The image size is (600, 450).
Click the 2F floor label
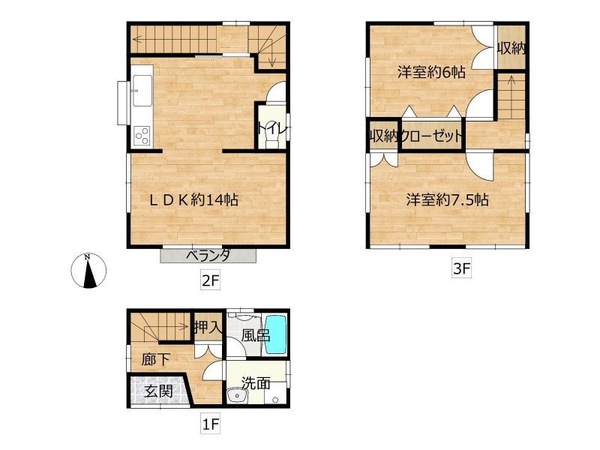(211, 281)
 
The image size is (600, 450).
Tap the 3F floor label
(461, 268)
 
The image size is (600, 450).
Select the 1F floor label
(211, 424)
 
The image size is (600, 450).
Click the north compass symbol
(88, 270)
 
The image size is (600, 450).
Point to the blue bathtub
(276, 334)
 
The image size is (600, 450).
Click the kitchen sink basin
(142, 90)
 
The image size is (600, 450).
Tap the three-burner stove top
(142, 136)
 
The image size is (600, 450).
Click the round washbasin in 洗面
(236, 396)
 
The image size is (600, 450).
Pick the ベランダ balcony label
(208, 255)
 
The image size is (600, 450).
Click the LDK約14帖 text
(193, 199)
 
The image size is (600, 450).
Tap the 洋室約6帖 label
(431, 71)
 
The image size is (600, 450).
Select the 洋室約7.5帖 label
(447, 199)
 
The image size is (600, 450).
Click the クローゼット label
(431, 136)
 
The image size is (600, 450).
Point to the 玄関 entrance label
(158, 391)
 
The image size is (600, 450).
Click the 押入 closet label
(208, 327)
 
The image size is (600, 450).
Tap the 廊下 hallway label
(155, 359)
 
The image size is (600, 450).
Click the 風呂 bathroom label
(256, 335)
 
